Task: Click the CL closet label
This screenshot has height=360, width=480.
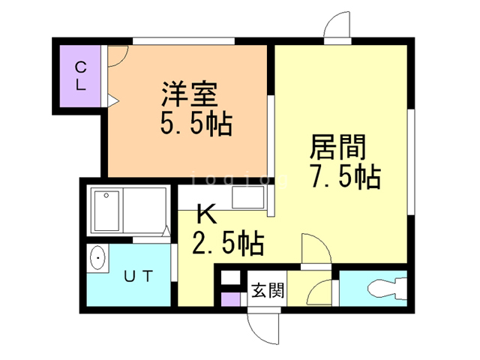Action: click(x=79, y=76)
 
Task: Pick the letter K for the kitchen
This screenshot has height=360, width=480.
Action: click(x=206, y=215)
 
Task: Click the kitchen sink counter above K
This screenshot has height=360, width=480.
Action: click(x=248, y=199)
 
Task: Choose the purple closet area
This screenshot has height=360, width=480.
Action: click(x=79, y=76)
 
